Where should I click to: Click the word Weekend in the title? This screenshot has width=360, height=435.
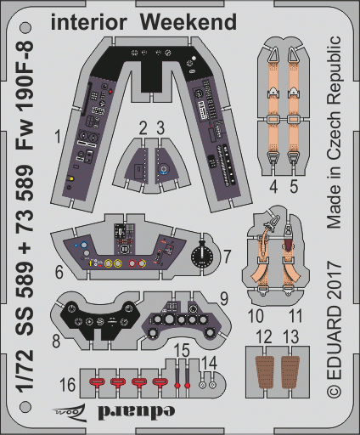pos(188,22)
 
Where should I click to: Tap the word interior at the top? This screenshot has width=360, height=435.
pos(88,22)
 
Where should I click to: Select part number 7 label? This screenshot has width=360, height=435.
pos(227,257)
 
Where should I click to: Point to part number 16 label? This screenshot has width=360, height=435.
pos(68,385)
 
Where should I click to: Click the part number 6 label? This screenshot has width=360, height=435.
pos(59,272)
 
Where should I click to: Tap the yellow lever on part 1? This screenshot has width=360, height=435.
pos(70,178)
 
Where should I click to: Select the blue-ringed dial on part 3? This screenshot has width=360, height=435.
pos(164,169)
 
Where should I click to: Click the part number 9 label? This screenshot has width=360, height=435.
pos(224,299)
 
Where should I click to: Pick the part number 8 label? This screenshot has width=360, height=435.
pos(56,341)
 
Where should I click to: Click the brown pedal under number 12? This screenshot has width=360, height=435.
pos(265,372)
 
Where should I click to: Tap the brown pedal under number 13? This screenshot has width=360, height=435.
pos(290,372)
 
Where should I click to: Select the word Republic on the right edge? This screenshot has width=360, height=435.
pos(334,73)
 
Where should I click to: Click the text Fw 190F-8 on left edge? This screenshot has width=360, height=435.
pos(25,95)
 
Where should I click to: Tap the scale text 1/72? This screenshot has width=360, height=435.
pos(25,371)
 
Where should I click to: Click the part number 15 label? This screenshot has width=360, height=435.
pos(182,350)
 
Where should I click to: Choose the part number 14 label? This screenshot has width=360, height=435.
pos(209,363)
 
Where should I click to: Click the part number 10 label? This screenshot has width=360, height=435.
pos(256,316)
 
